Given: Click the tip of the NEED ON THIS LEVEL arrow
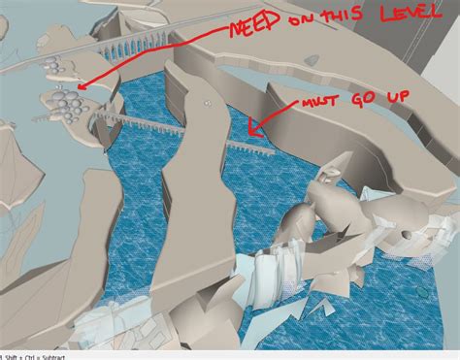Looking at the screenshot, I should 77,87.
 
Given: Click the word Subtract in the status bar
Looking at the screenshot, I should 47,355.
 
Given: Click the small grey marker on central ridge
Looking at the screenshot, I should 206,101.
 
